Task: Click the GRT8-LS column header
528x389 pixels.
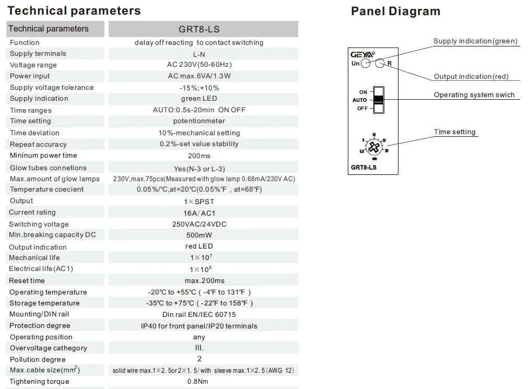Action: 199,29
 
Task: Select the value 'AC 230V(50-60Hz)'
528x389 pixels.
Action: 200,64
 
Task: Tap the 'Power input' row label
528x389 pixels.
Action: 30,76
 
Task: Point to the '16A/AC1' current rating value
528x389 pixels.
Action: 200,213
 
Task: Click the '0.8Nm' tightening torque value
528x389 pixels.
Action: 197,381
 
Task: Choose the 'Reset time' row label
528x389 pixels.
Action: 27,280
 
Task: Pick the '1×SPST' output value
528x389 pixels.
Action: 199,202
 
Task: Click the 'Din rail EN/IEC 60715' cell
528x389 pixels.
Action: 199,314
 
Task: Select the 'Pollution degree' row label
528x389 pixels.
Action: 38,359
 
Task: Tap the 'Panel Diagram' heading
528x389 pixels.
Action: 396,11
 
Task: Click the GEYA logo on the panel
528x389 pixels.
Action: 362,54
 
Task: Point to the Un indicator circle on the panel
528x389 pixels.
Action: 366,63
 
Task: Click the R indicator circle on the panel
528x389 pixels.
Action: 380,63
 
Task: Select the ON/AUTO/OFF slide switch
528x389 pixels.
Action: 379,100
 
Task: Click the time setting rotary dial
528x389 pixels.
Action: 374,147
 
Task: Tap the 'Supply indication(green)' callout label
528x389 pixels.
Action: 475,41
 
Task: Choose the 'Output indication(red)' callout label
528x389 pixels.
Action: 471,76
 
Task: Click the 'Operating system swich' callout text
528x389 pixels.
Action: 474,95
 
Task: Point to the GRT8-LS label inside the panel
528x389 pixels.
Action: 363,168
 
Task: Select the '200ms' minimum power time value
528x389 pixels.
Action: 199,156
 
